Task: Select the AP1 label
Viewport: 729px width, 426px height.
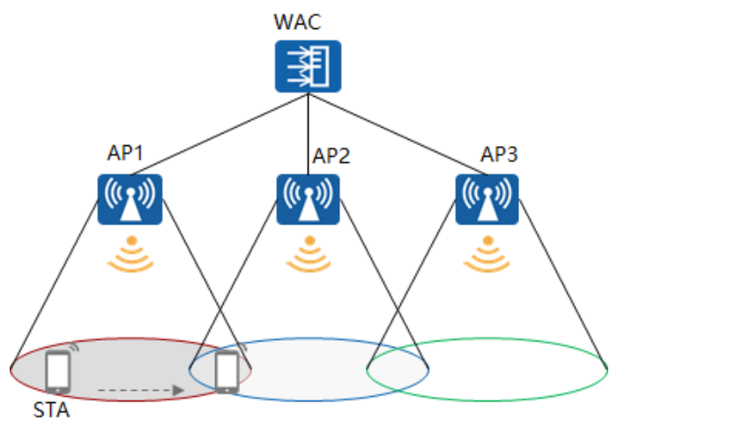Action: pyautogui.click(x=125, y=152)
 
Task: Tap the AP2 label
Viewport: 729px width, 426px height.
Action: pyautogui.click(x=331, y=157)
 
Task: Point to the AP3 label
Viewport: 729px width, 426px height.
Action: pyautogui.click(x=499, y=155)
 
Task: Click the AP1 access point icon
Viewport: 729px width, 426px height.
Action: pyautogui.click(x=129, y=199)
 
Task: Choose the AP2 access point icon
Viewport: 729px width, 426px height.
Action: pyautogui.click(x=308, y=199)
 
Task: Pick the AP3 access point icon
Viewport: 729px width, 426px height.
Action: pyautogui.click(x=487, y=199)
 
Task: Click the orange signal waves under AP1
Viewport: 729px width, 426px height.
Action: pyautogui.click(x=130, y=253)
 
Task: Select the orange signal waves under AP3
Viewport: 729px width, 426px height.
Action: pyautogui.click(x=487, y=253)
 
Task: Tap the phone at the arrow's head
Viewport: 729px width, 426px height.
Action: pyautogui.click(x=227, y=372)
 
